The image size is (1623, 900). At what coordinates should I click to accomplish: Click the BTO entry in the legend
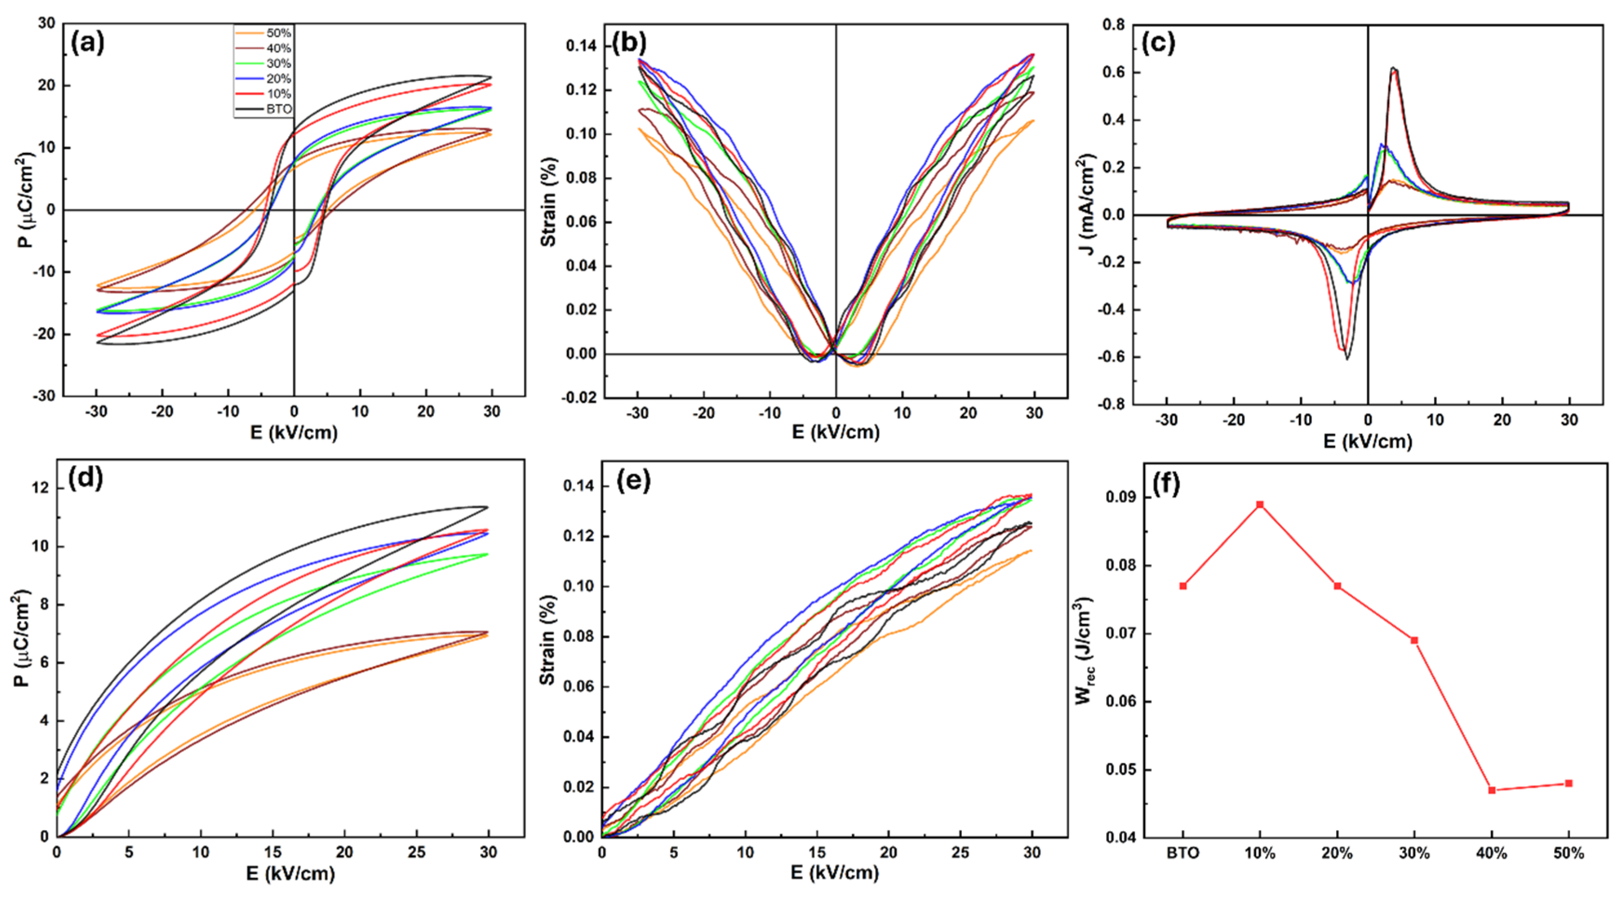[x=264, y=109]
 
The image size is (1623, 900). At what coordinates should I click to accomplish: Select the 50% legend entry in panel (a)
[x=264, y=33]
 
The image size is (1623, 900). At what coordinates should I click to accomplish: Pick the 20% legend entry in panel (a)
[x=264, y=79]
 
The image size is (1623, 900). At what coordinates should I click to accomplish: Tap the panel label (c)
[x=1158, y=43]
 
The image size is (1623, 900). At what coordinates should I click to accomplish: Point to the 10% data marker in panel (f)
[x=1260, y=504]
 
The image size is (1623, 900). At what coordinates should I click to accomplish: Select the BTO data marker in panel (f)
[x=1183, y=586]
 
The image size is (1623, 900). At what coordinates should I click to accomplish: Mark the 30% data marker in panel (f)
[x=1414, y=641]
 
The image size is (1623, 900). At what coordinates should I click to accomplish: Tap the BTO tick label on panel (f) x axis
[x=1183, y=854]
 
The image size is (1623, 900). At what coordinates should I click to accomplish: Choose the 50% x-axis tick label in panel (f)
[x=1569, y=854]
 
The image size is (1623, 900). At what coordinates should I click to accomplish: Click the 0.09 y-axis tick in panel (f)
[x=1122, y=497]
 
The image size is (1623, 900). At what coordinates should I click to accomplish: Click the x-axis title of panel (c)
[x=1368, y=441]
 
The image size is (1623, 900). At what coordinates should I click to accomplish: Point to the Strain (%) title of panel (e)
[x=548, y=640]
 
